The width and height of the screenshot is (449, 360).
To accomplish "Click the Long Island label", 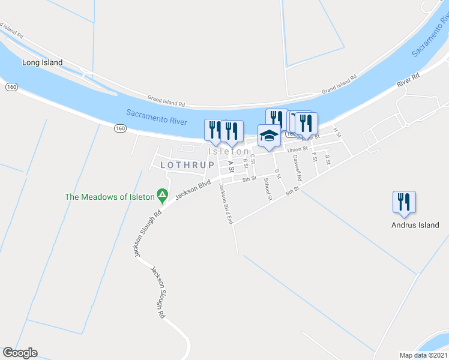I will click(42, 62).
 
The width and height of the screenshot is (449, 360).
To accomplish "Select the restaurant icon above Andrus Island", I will click(404, 202).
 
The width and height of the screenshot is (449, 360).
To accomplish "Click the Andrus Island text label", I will click(415, 225).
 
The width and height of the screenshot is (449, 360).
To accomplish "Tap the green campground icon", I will click(161, 194).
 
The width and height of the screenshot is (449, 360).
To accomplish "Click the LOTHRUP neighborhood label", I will click(187, 164).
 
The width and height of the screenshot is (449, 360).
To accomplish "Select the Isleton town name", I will click(229, 152).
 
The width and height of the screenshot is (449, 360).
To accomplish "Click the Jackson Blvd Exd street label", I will click(226, 204).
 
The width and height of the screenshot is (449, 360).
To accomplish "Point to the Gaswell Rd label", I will click(297, 169).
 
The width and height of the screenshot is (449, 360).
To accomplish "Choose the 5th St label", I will click(249, 179).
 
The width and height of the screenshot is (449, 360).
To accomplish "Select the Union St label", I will click(297, 149).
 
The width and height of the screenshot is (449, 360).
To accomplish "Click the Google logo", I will click(20, 353).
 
